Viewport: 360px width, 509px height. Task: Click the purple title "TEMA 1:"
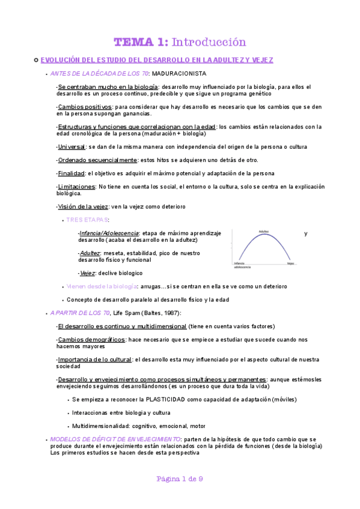point(141,42)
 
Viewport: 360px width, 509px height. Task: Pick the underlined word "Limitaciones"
point(76,187)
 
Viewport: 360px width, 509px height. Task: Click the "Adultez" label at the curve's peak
point(263,231)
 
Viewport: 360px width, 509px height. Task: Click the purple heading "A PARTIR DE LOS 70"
point(80,313)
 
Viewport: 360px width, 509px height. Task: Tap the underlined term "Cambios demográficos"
point(91,339)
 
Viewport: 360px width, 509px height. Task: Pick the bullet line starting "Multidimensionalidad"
point(138,426)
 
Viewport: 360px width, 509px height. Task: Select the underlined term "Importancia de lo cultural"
point(95,360)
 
